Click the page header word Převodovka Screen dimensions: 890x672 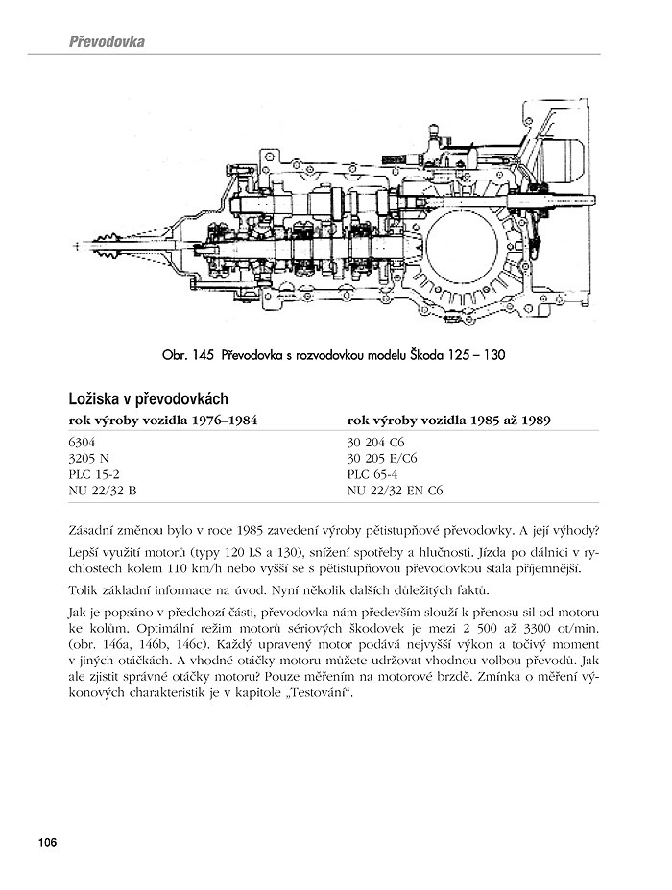(x=107, y=43)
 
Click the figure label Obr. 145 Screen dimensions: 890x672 (x=188, y=355)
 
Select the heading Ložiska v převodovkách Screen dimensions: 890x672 (x=147, y=397)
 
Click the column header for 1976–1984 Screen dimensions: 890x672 (x=162, y=421)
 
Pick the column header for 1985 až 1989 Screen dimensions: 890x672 (x=447, y=421)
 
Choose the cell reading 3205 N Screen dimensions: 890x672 (x=89, y=459)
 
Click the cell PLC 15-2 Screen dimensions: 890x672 (x=91, y=474)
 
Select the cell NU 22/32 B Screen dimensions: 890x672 (x=103, y=490)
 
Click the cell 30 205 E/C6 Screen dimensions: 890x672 (x=382, y=459)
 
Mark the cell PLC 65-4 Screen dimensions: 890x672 (x=371, y=474)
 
